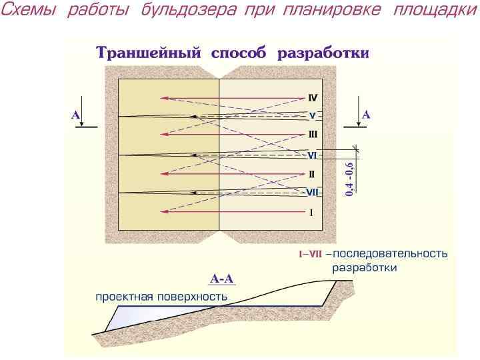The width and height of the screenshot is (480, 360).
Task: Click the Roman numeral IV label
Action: pyautogui.click(x=313, y=97)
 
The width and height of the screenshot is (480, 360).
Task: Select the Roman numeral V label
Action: pyautogui.click(x=312, y=115)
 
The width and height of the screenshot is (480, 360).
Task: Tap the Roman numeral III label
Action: pyautogui.click(x=313, y=135)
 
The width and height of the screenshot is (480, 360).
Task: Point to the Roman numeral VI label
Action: pyautogui.click(x=312, y=155)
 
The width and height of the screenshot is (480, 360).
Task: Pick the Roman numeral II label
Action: pyautogui.click(x=311, y=175)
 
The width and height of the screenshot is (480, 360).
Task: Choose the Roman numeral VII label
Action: pyautogui.click(x=313, y=193)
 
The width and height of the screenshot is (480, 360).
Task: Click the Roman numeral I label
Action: pyautogui.click(x=311, y=213)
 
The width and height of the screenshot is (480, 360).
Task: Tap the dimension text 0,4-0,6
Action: pyautogui.click(x=349, y=179)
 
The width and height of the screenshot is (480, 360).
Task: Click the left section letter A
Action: pyautogui.click(x=75, y=115)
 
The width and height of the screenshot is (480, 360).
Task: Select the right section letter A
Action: pyautogui.click(x=366, y=115)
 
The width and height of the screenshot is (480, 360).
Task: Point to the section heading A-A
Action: pyautogui.click(x=223, y=279)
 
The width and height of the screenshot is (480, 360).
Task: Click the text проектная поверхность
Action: pyautogui.click(x=161, y=296)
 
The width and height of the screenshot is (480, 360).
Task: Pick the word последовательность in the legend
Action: pyautogui.click(x=390, y=253)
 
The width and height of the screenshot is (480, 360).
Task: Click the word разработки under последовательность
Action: pyautogui.click(x=365, y=267)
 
